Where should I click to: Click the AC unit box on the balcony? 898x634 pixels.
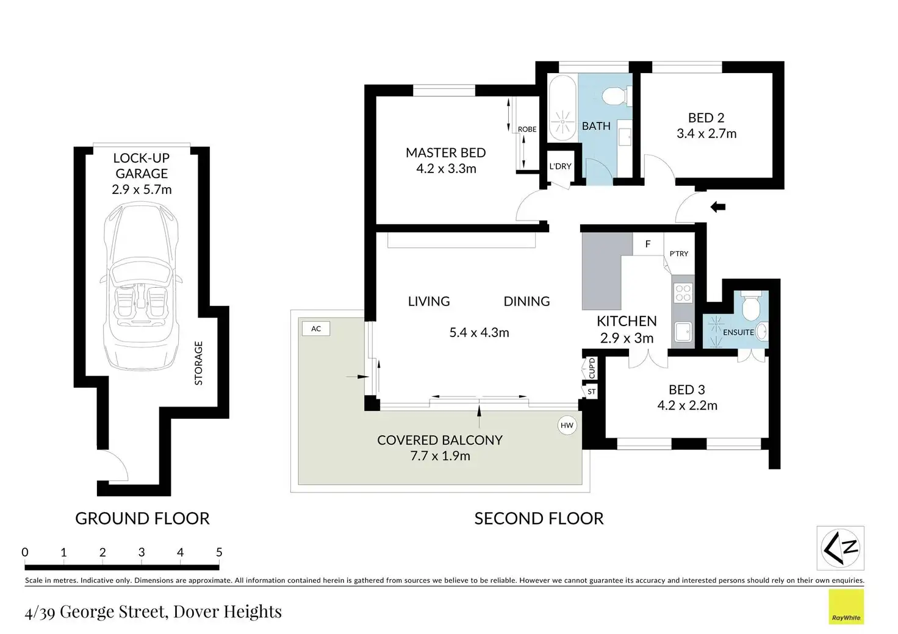316,329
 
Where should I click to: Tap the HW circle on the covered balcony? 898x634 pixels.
567,426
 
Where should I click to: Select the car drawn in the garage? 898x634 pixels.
141,285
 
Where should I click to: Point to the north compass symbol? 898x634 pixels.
840,548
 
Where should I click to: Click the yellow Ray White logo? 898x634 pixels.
846,607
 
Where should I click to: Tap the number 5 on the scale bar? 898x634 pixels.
219,552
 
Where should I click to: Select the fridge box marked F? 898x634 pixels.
648,244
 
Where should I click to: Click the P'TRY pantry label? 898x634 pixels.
679,254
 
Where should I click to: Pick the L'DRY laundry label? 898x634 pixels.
560,166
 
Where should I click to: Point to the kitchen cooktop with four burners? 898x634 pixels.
683,293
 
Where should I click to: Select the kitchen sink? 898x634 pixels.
683,332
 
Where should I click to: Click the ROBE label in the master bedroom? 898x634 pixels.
527,129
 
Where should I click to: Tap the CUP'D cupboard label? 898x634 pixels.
592,368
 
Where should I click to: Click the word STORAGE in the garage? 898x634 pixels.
198,363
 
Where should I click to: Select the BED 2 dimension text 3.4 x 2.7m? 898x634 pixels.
707,134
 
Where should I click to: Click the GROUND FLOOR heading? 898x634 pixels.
142,519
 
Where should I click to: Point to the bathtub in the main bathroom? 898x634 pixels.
562,108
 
